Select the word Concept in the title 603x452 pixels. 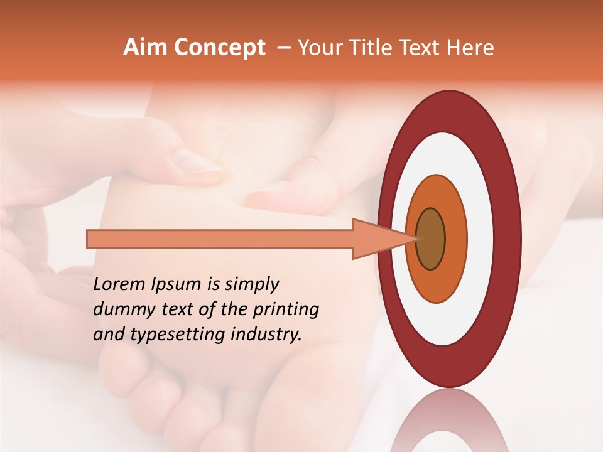pos(220,48)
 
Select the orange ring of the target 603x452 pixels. pos(455,239)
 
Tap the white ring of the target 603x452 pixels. pos(481,239)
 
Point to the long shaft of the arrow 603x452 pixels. pos(220,239)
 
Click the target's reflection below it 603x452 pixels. pos(449,421)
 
